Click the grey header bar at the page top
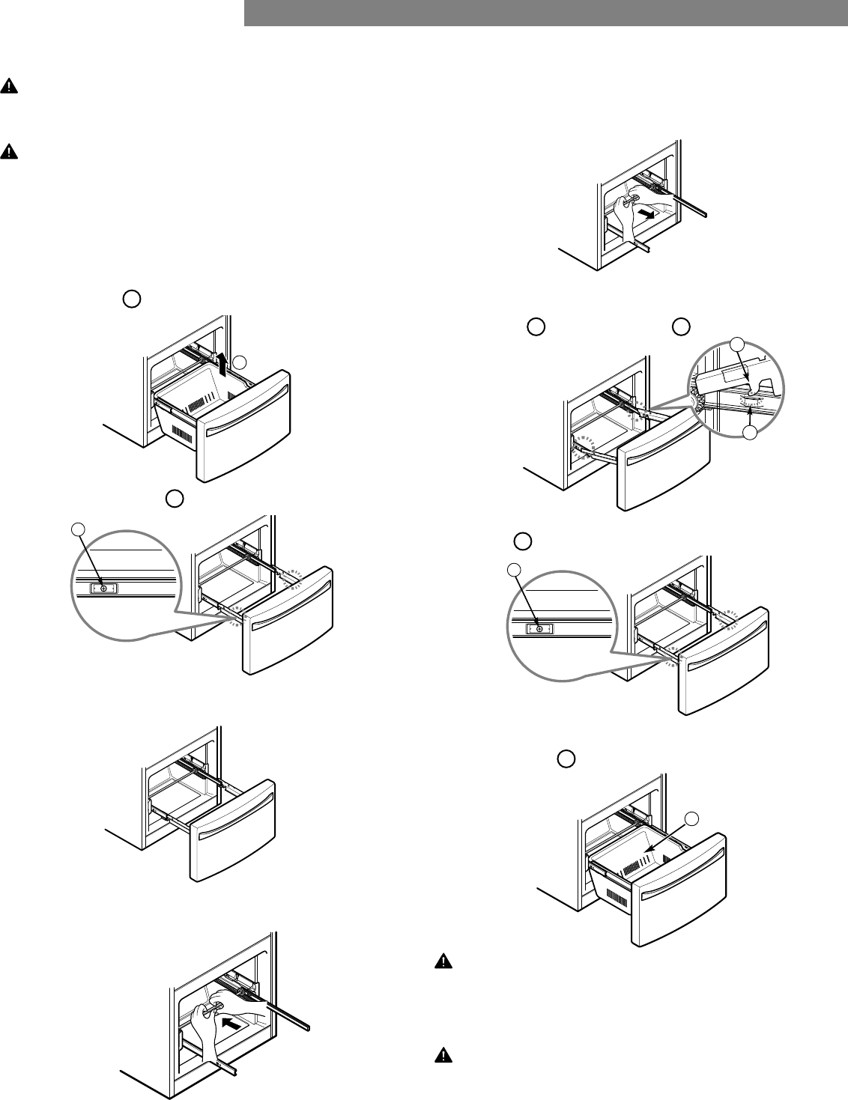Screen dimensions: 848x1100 [x=545, y=13]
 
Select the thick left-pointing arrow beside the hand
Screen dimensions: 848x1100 [x=231, y=1022]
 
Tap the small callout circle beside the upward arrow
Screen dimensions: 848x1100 [x=239, y=362]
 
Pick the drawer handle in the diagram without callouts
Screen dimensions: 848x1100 [x=233, y=822]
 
